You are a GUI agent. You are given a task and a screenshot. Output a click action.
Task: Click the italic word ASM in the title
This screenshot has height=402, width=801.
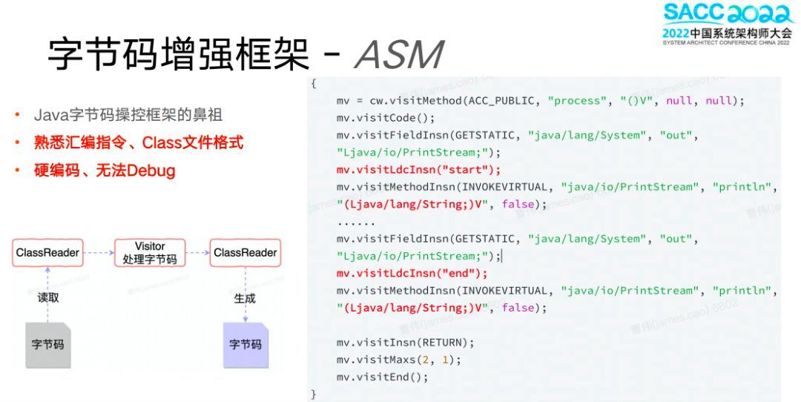pos(399,54)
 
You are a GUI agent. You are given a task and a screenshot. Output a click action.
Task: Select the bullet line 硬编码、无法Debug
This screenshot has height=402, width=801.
pos(105,171)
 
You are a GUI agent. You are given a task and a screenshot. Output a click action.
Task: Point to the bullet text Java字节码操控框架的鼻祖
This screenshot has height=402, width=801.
pos(128,115)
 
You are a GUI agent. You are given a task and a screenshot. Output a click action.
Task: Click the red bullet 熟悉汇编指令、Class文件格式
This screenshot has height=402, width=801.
pos(139,142)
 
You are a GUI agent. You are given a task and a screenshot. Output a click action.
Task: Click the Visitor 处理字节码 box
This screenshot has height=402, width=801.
pos(149,253)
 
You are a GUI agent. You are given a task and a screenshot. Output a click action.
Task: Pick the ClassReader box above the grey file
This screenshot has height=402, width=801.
pos(47,253)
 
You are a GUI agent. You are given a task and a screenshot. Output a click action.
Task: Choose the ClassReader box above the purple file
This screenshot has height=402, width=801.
pos(245,253)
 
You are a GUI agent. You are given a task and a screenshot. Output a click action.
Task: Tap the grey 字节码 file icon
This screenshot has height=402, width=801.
pos(48,344)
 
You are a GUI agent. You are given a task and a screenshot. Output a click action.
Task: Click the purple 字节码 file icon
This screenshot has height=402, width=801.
pos(245,344)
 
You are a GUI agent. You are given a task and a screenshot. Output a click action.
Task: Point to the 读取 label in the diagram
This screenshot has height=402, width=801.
pos(48,298)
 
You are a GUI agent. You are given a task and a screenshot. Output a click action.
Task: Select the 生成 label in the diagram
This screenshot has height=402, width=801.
pos(245,298)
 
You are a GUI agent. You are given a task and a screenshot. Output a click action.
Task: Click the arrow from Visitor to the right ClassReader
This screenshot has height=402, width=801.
pos(196,253)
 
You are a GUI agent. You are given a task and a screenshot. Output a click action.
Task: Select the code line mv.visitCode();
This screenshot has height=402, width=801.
pos(386,118)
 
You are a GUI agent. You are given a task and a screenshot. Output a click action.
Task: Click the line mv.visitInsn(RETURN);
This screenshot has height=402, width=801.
pos(405,342)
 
